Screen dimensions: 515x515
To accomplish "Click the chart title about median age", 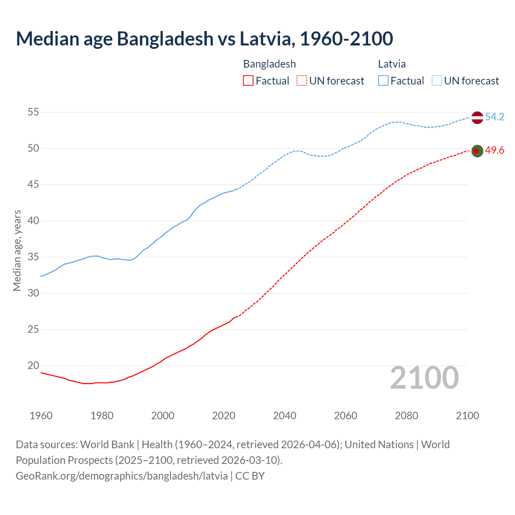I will coord(204,39).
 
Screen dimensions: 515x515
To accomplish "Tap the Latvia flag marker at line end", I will coord(477,117).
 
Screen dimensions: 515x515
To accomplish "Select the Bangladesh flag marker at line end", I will coord(477,151).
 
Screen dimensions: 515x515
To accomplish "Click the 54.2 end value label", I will coord(494,117).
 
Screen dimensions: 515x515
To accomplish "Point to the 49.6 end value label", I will coord(494,150).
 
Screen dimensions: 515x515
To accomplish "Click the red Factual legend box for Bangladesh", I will coord(248,81).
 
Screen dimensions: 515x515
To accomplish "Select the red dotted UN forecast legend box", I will coord(302,81).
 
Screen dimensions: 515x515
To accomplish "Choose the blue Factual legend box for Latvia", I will coord(383,81).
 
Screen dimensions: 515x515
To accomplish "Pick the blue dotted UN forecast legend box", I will coord(437,81).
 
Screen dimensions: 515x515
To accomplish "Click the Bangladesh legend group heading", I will coord(270,64).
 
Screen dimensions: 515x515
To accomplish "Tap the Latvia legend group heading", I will coord(392,64).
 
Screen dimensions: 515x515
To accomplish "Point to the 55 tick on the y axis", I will coord(33,112).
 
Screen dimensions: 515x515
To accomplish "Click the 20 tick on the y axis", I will coord(33,366).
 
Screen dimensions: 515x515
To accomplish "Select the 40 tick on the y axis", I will coord(33,221).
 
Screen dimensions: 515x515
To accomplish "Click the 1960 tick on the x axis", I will coord(41,416).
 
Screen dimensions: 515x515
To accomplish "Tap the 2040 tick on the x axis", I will coord(284,416).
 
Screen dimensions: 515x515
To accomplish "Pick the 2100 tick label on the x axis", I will coord(467,416).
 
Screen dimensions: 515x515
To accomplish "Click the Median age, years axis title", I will coord(17,250).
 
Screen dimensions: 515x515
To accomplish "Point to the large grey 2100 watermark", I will coord(424,378).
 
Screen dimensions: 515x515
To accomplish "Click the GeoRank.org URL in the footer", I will coord(122,476).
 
